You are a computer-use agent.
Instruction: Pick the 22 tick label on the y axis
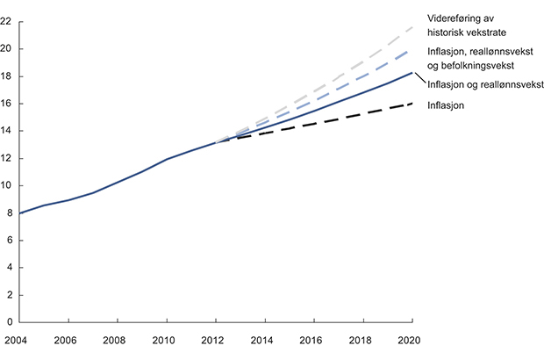(7, 22)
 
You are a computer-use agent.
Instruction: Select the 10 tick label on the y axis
(7, 185)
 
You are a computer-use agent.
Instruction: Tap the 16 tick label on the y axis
(7, 104)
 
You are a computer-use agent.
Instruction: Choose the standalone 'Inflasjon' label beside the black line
(446, 105)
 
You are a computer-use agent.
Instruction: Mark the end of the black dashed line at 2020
(412, 104)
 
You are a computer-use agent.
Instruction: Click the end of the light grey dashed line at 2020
(412, 27)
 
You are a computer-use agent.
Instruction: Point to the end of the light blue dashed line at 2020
(412, 51)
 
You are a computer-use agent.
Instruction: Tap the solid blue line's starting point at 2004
(19, 213)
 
